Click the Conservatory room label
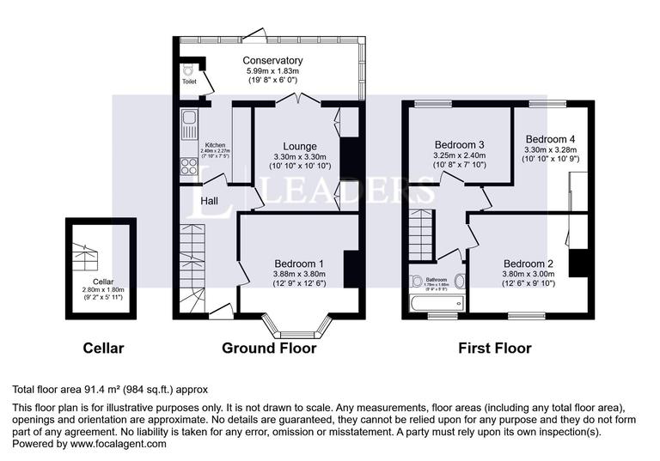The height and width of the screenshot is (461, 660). coord(272,60)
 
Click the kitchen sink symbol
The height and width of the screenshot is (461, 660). coord(188,126)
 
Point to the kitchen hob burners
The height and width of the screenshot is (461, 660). coord(188,167)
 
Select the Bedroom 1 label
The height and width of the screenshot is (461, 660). coord(299,264)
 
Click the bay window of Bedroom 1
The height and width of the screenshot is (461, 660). coord(296,330)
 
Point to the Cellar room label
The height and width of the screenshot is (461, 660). coord(104,281)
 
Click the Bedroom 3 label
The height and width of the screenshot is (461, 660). coord(460,143)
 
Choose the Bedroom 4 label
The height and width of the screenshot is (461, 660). coord(551,138)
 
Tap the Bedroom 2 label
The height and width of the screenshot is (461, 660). coord(529,264)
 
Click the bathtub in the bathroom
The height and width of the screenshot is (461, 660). coord(437,303)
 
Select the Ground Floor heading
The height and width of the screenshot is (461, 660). coord(269,348)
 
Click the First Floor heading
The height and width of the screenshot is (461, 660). coord(495,348)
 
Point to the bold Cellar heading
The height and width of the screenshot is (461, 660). coord(103,348)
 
